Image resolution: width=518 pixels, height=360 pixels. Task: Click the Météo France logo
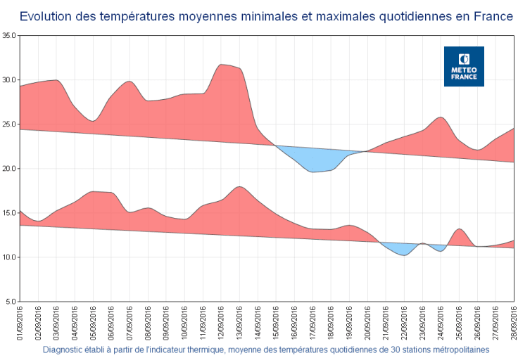tap(464, 67)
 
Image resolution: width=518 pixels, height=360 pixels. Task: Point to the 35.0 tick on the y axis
tap(9, 35)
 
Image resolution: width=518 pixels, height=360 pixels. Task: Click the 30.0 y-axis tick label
tap(9, 79)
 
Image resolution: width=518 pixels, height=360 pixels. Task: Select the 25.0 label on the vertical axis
tap(9, 124)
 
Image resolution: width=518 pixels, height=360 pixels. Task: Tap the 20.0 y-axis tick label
tap(9, 169)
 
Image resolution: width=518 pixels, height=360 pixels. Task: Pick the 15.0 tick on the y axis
tap(9, 213)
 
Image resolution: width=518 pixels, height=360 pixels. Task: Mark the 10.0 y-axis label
tap(9, 257)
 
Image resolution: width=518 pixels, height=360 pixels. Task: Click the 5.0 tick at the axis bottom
tap(11, 302)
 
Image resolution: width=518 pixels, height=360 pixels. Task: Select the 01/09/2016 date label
tap(20, 323)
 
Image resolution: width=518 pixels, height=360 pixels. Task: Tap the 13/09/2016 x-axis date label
tap(239, 323)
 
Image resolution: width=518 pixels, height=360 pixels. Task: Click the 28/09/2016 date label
tap(513, 323)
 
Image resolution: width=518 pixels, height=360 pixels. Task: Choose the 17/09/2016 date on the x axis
tap(312, 323)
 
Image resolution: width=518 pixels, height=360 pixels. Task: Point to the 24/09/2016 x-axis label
tap(441, 323)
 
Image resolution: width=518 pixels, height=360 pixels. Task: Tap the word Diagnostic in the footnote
tap(65, 349)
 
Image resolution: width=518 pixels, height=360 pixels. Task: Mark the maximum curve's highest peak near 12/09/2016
tap(222, 65)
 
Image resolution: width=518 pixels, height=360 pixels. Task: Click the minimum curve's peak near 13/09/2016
tap(239, 188)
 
